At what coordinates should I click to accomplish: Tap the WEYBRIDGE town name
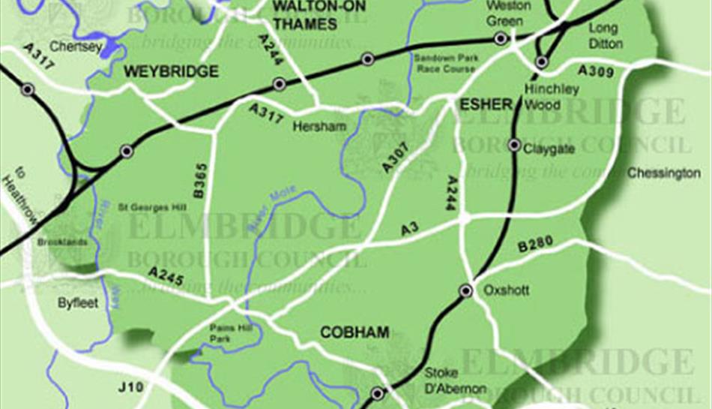coord(171,72)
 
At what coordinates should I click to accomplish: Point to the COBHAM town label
coord(355,332)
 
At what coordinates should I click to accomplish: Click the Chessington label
coord(663,173)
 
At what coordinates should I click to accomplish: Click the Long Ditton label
coord(605,36)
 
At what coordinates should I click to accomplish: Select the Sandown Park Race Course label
coord(444,63)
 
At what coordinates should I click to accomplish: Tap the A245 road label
coord(166,277)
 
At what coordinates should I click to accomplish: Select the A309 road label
coord(596,72)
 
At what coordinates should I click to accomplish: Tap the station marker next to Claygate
coord(514,144)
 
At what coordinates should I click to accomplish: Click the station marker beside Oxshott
coord(465,290)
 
